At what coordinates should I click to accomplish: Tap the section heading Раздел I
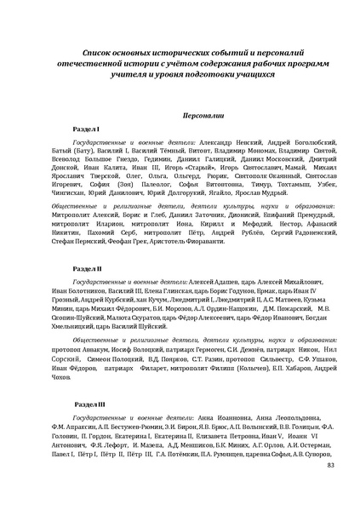pos(86,127)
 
